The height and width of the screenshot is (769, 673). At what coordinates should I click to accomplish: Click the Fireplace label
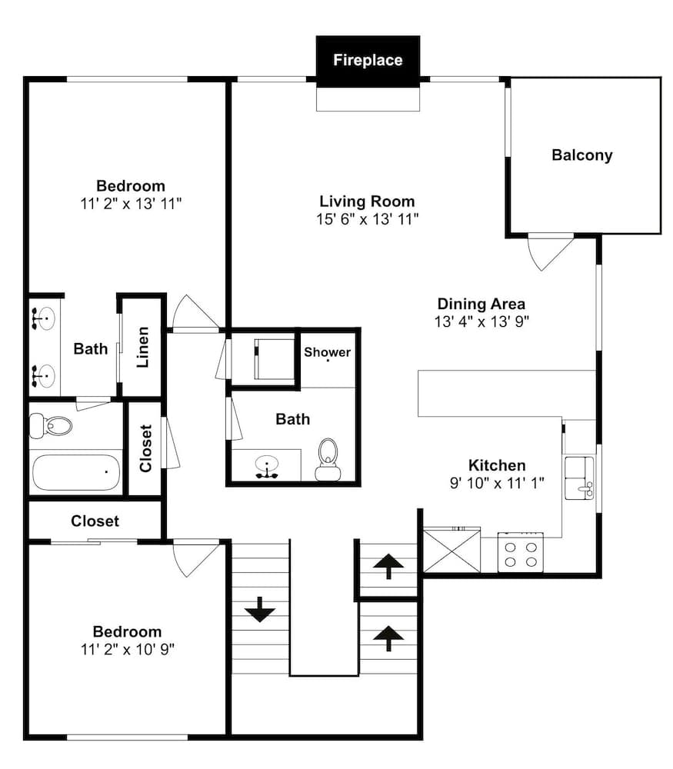[x=368, y=60]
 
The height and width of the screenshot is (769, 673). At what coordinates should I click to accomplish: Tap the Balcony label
[x=582, y=155]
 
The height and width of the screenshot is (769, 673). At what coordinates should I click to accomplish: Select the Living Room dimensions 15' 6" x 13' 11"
[x=368, y=218]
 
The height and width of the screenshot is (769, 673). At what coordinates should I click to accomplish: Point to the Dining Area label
[x=481, y=304]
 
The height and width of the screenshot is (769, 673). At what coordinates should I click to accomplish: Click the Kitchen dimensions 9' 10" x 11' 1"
[x=497, y=483]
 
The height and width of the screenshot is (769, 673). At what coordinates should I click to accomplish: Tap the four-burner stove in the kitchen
[x=521, y=552]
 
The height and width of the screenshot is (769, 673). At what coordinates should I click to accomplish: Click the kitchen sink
[x=579, y=478]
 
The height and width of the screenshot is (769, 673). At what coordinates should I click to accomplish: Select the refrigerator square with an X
[x=451, y=550]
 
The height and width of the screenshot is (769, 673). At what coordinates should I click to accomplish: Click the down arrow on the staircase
[x=260, y=609]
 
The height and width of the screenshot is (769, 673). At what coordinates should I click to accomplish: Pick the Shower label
[x=327, y=352]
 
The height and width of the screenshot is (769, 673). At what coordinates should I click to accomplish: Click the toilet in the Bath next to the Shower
[x=328, y=460]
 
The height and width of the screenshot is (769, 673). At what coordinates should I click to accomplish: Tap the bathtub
[x=76, y=472]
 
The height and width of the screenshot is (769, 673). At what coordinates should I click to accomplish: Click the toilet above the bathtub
[x=51, y=425]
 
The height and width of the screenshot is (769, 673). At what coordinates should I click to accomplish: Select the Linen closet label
[x=142, y=347]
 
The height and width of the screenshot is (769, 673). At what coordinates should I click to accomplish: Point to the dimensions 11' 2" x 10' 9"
[x=128, y=649]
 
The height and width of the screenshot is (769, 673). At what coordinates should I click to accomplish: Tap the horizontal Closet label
[x=95, y=521]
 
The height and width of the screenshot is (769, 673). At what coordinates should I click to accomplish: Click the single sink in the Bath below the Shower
[x=267, y=467]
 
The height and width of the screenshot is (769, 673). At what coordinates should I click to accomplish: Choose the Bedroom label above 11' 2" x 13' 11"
[x=131, y=186]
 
